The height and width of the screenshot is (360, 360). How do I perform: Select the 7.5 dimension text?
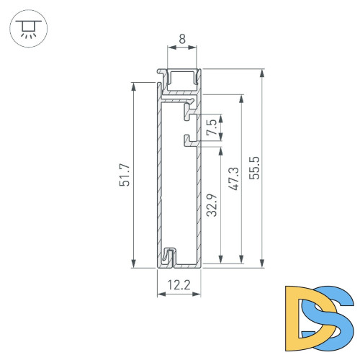point(210,129)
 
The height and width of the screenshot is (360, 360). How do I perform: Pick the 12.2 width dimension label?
point(179,286)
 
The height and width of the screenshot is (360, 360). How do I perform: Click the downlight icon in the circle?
point(27,30)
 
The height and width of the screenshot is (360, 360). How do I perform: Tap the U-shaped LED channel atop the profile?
point(181,81)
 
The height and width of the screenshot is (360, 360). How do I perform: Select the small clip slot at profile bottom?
point(170,256)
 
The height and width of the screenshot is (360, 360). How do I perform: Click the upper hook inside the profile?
point(189,112)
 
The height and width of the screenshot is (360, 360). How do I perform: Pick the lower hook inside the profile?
point(189,138)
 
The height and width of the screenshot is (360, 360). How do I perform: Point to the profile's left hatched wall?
point(158,180)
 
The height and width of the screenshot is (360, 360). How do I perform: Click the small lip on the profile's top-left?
point(160,73)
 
